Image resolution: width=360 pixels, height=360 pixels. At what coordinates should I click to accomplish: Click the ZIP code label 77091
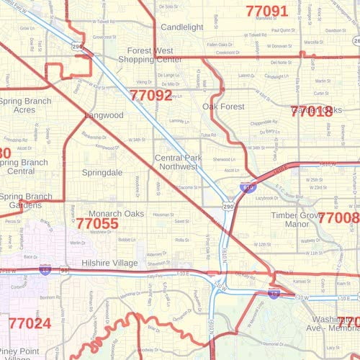(266, 12)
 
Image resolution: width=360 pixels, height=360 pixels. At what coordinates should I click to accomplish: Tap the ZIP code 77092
(151, 95)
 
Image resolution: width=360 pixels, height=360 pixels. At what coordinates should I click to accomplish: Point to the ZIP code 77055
(97, 224)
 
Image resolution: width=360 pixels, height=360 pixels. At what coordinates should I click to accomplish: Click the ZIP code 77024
(30, 323)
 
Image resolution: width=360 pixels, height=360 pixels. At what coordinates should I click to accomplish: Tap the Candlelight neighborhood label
(182, 27)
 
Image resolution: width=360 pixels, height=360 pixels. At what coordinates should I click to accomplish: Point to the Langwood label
(104, 115)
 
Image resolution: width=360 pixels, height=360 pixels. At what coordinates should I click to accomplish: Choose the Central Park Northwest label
(176, 161)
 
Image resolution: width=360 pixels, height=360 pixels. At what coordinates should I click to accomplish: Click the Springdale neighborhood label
(102, 173)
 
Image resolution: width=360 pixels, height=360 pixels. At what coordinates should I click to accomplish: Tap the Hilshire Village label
(109, 264)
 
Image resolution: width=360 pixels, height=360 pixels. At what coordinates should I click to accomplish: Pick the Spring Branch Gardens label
(26, 201)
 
